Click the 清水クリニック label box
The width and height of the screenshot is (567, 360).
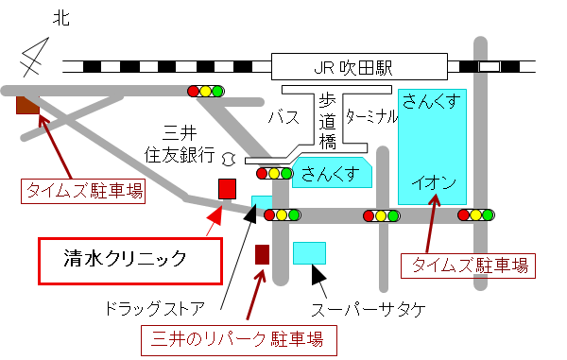(129, 256)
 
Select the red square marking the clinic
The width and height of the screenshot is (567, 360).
(227, 188)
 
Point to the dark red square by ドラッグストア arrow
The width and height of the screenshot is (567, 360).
(263, 253)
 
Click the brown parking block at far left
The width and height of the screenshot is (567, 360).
(27, 104)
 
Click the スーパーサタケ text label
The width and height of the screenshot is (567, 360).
(369, 310)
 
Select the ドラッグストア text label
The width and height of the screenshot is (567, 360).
(156, 309)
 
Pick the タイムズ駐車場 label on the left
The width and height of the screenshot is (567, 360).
(83, 192)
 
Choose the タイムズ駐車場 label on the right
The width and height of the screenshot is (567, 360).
(470, 265)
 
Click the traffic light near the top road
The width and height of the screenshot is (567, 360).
(207, 91)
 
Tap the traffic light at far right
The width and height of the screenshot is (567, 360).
(476, 215)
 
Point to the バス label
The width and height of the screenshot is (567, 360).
(284, 118)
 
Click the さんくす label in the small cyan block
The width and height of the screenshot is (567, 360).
(331, 173)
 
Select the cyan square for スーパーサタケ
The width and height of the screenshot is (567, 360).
(310, 252)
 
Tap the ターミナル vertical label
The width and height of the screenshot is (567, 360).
(372, 116)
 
